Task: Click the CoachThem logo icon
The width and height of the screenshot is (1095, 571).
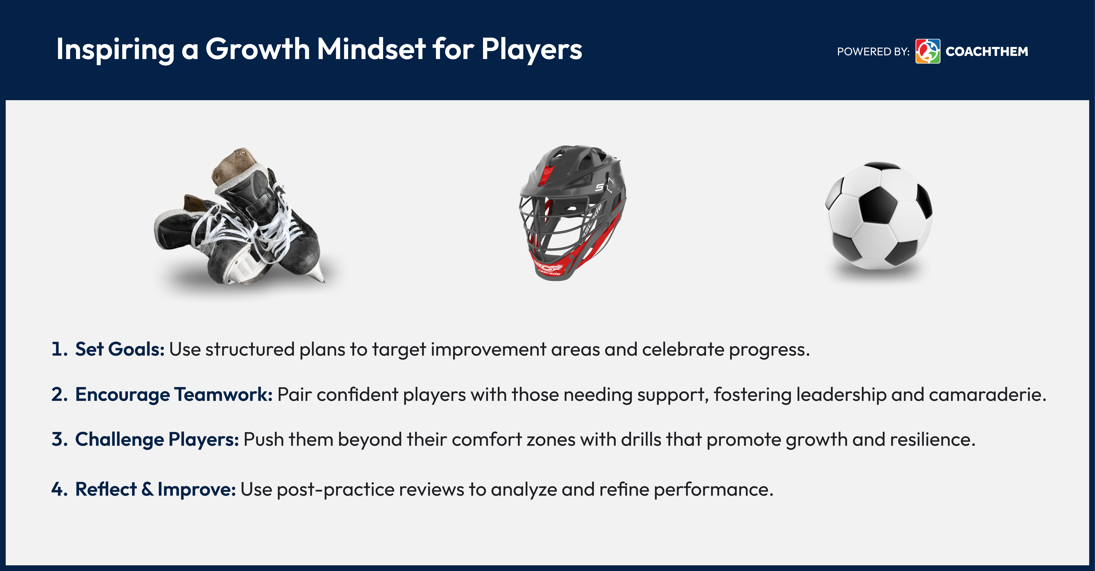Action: click(x=928, y=51)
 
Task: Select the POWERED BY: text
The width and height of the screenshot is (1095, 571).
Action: click(x=873, y=51)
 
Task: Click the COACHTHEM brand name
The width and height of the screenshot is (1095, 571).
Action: click(x=987, y=51)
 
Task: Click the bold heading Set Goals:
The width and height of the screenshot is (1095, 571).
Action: click(x=120, y=349)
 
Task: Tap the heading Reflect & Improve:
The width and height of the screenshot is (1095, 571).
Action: click(x=155, y=489)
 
